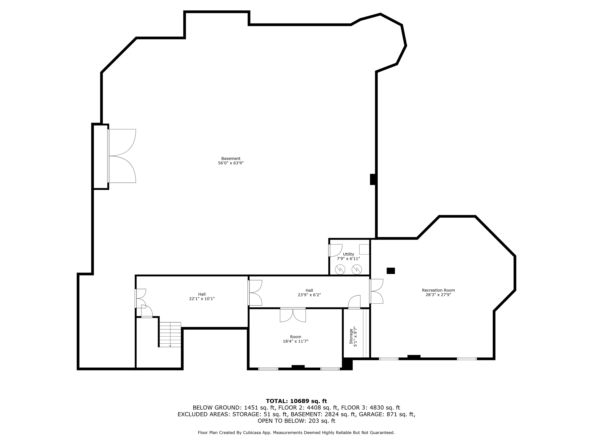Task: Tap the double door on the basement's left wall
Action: tap(122, 156)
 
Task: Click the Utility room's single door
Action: tap(335, 250)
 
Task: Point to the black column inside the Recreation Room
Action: tap(391, 271)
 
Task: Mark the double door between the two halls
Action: tap(255, 292)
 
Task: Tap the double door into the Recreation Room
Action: tap(376, 291)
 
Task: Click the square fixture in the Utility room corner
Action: tap(364, 249)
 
